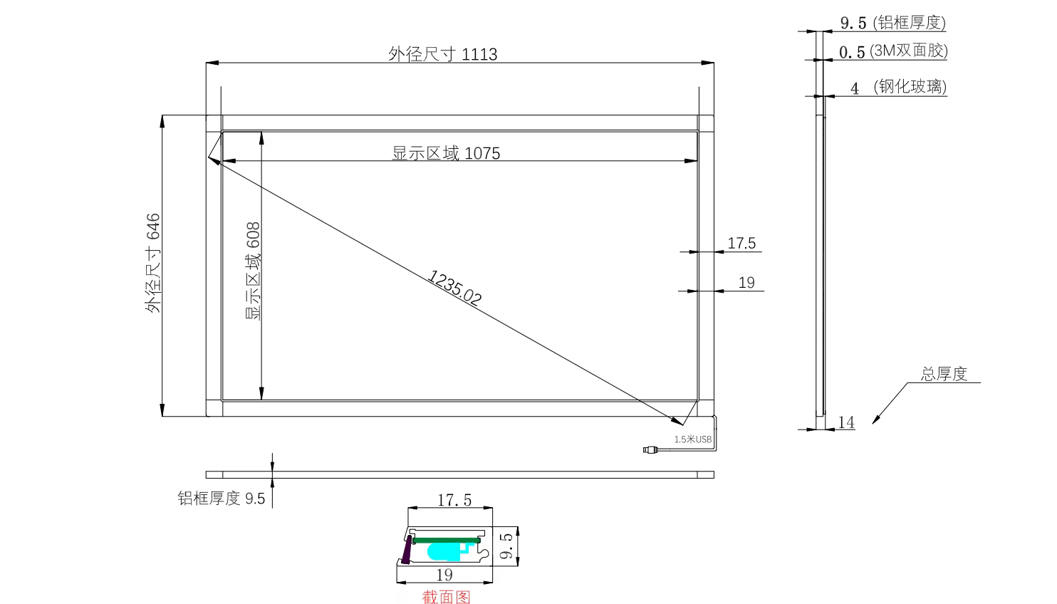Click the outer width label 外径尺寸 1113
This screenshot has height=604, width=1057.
coord(442,54)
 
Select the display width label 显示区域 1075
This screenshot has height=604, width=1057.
coord(446,153)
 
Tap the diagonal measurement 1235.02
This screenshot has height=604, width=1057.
coord(454,287)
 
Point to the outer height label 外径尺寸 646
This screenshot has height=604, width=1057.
coord(153,263)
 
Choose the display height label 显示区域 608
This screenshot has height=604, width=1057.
coord(253,271)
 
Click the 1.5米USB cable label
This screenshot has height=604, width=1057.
coord(693,439)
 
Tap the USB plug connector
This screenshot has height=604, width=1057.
coord(650,449)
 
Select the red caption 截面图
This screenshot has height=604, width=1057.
coord(446,596)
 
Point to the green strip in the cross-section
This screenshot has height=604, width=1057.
coord(447,541)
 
